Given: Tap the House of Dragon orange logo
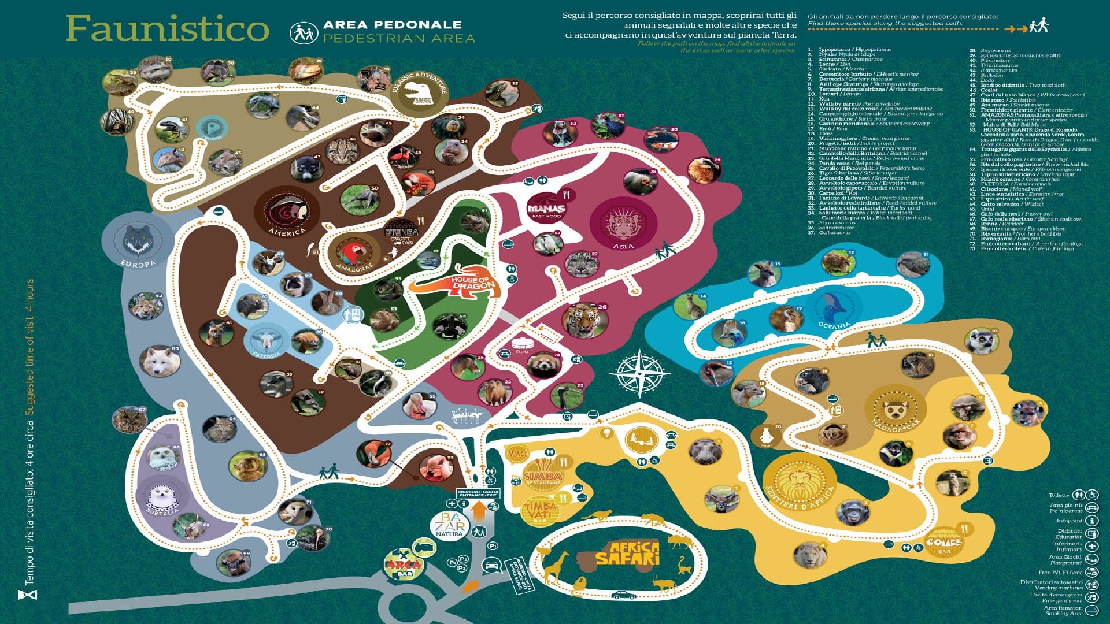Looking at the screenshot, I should [456, 283].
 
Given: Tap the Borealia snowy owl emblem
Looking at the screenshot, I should [162, 496].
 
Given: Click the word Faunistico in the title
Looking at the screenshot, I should [168, 29].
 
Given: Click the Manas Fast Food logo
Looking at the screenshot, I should [546, 207].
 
